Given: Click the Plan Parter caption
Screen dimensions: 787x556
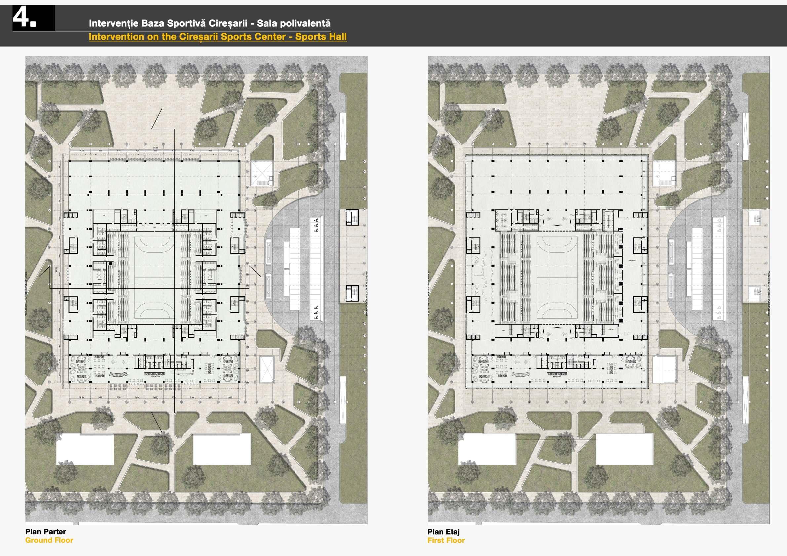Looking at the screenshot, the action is [x=46, y=531].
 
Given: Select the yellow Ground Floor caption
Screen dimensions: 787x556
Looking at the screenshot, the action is [x=49, y=540].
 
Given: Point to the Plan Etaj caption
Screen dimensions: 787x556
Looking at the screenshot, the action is [x=444, y=531].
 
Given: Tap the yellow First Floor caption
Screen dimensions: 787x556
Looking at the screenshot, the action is [x=446, y=540].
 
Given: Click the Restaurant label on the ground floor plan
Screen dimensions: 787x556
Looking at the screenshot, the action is [x=155, y=376].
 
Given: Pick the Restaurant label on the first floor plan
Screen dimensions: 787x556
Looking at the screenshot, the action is [x=557, y=376].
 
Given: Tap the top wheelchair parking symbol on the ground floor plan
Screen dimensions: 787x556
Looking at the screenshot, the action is [x=317, y=220].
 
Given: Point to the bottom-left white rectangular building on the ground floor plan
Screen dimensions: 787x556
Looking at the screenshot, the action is [x=85, y=449].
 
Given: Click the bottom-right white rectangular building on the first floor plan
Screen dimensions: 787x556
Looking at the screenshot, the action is [x=624, y=449].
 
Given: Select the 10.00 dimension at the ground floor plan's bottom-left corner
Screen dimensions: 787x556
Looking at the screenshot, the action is [x=81, y=397].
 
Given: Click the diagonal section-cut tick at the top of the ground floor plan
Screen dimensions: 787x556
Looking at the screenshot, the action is [x=157, y=119].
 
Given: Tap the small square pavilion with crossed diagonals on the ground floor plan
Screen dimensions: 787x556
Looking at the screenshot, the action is [x=261, y=173].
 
